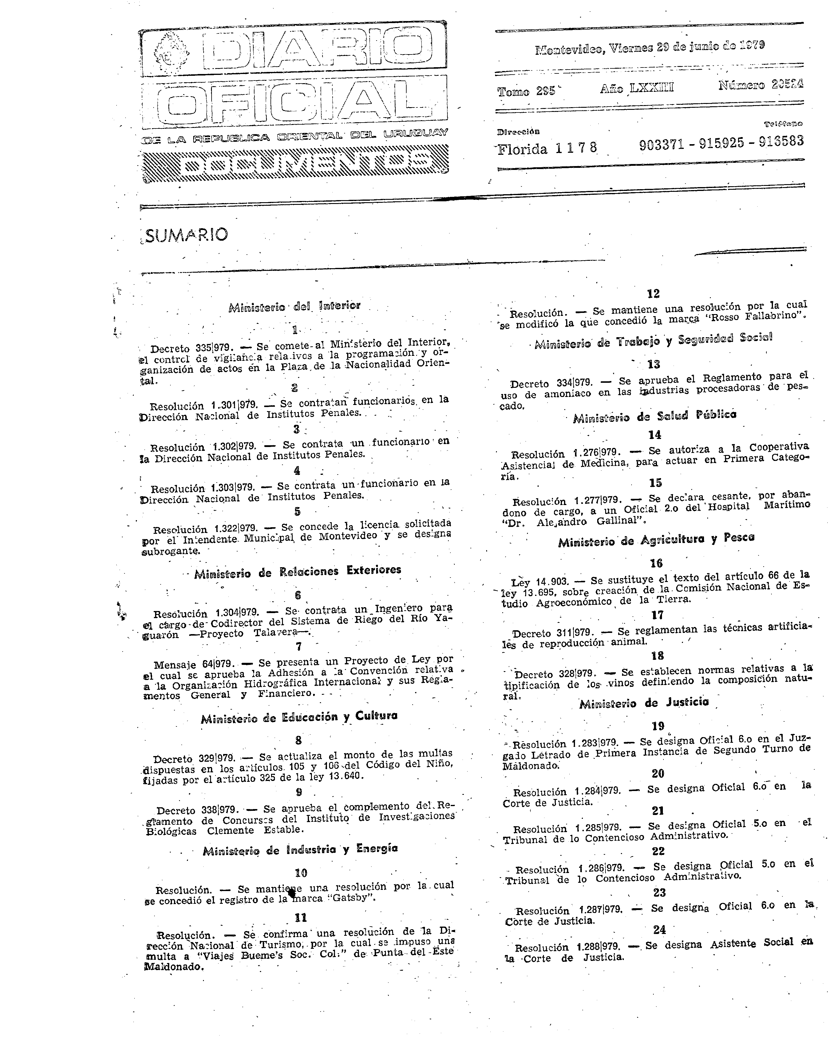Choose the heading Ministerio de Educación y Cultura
click(299, 718)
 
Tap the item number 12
click(653, 293)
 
